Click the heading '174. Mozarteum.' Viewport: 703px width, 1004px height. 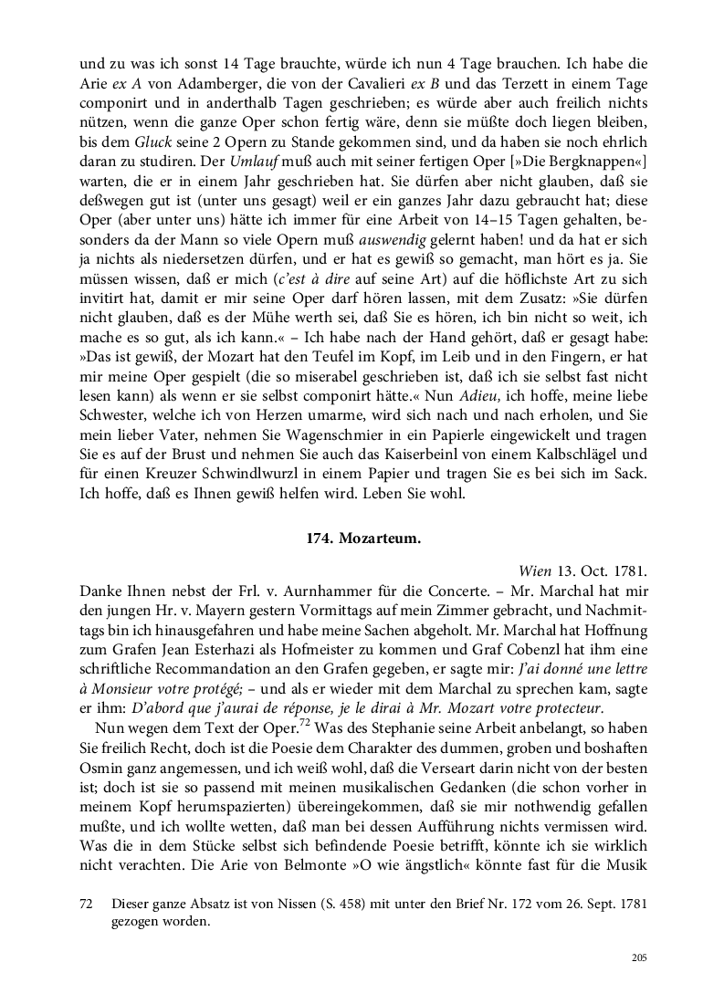[362, 539]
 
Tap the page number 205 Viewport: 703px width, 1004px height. [638, 957]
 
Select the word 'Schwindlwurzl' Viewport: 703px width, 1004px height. [236, 476]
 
